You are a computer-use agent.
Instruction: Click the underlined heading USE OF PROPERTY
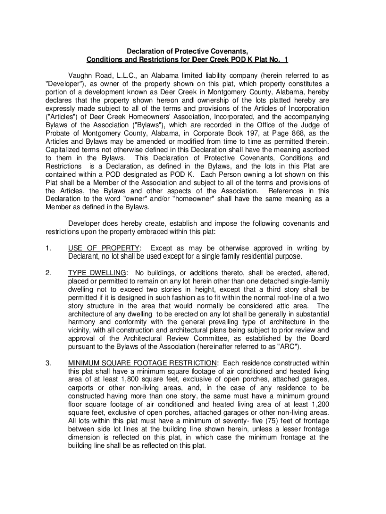[104, 248]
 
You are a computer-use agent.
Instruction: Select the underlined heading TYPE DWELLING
[97, 273]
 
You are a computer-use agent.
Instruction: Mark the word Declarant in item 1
[85, 256]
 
